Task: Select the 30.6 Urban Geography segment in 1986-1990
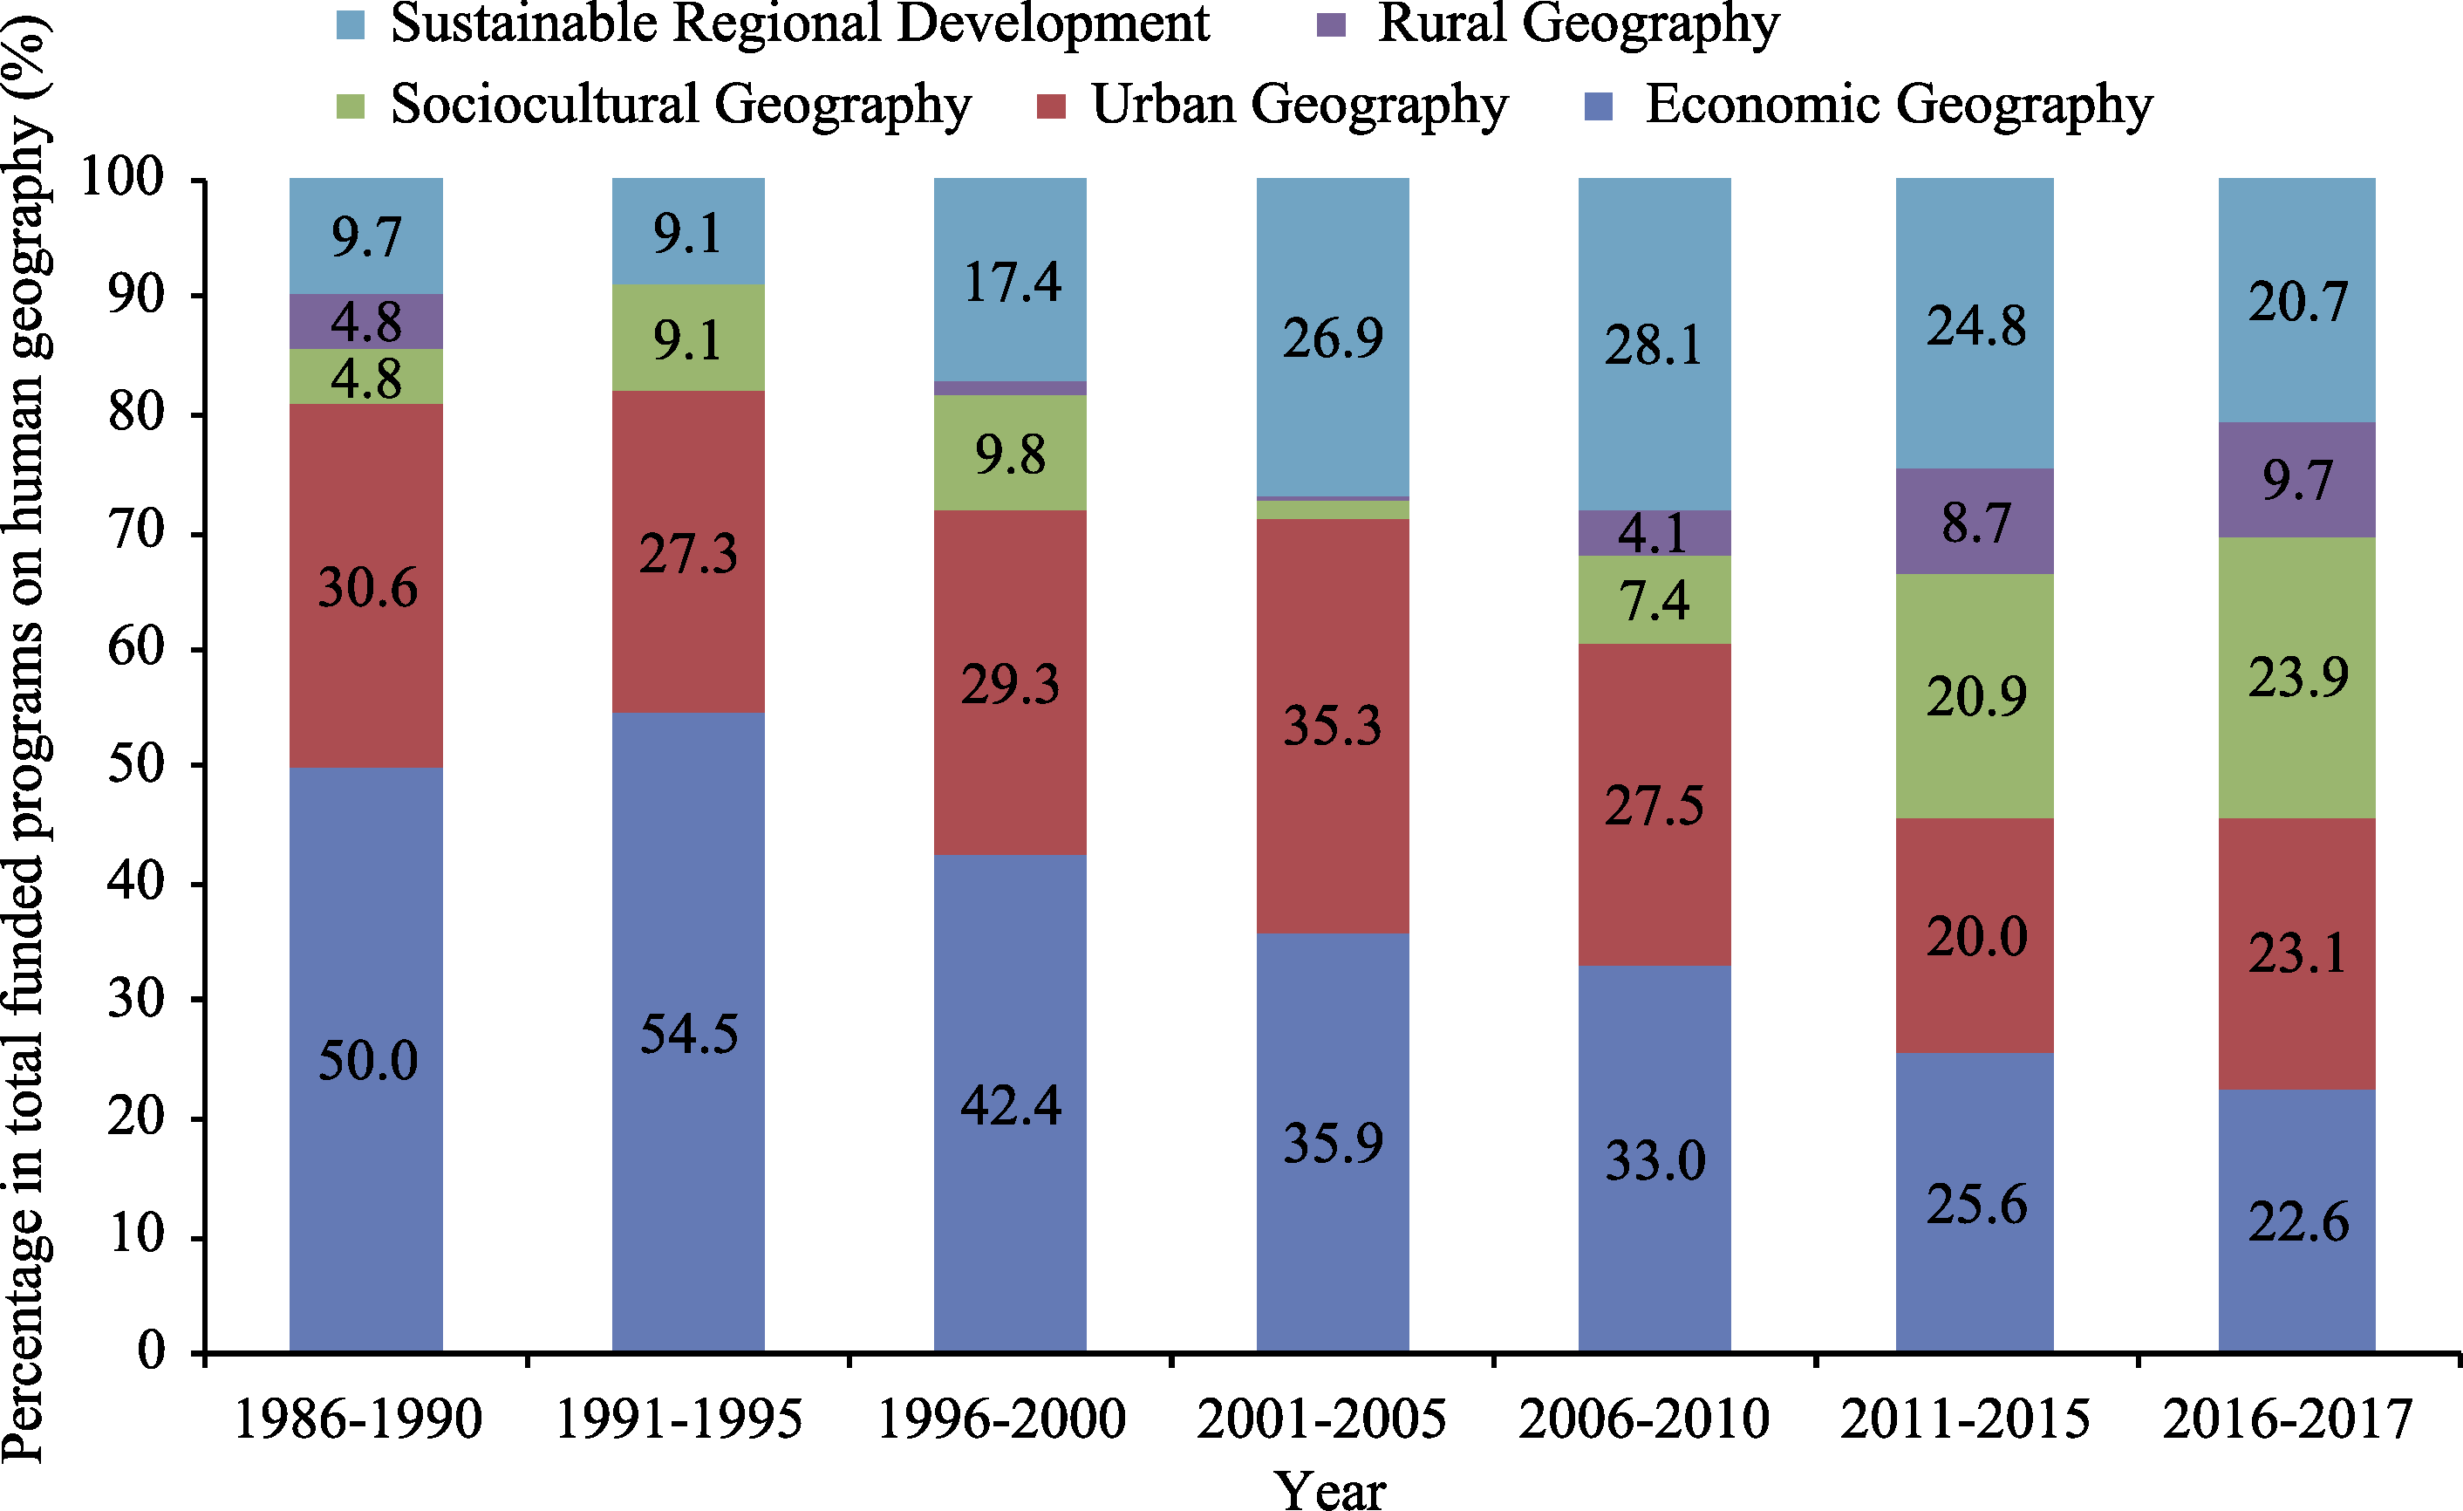pos(365,586)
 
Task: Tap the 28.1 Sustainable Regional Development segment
pos(1655,345)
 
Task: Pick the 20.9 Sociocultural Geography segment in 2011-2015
pos(1975,696)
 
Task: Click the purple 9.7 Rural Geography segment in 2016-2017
pos(2297,480)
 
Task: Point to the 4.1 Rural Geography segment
pos(1655,533)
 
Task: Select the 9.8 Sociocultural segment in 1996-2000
pos(1010,454)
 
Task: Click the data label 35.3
pos(1333,725)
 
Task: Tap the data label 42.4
pos(1010,1106)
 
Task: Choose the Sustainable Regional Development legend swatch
pos(350,25)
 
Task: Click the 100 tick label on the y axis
pos(121,178)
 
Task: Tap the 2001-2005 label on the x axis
pos(1320,1419)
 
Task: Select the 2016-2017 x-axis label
pos(2287,1419)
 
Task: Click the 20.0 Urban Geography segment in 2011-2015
pos(1975,936)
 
